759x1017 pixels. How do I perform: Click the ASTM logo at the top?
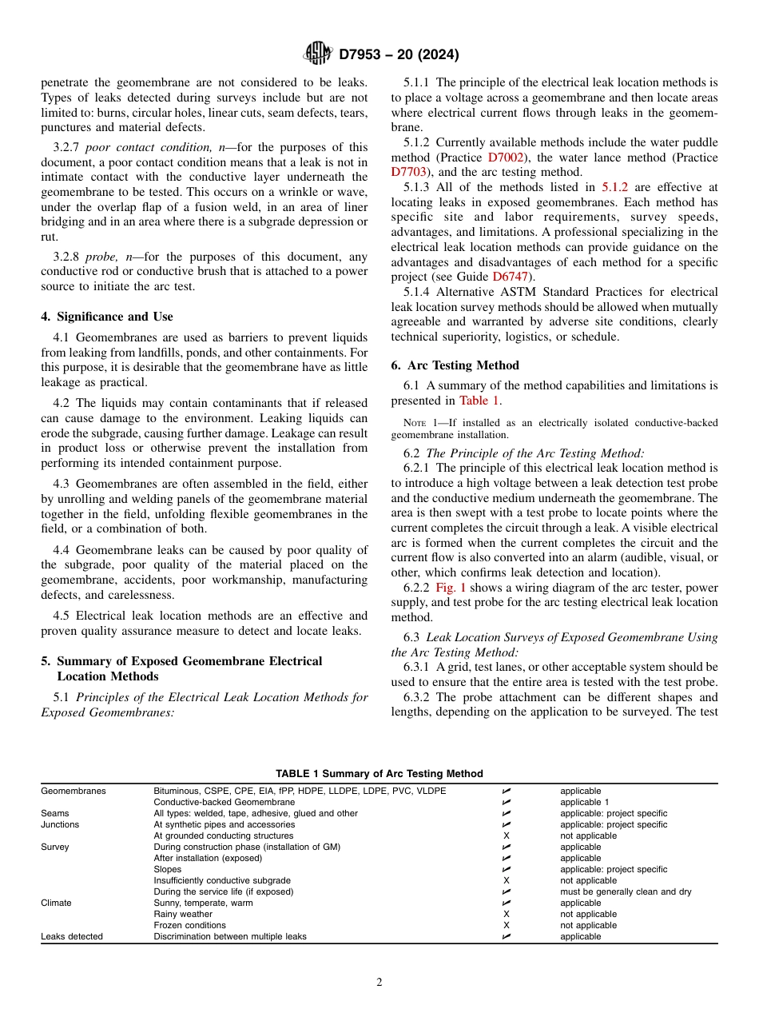[319, 54]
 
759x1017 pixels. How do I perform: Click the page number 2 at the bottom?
[379, 983]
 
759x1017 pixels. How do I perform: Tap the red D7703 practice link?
[409, 171]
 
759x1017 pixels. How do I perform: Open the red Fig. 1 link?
[451, 587]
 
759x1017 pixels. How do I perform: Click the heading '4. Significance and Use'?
[107, 317]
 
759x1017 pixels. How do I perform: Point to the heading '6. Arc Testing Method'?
[455, 365]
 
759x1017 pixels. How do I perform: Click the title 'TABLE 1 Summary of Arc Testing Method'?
[379, 773]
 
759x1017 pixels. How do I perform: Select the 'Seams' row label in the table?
[55, 813]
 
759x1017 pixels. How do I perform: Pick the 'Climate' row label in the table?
[56, 903]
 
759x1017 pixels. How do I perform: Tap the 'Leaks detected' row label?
[72, 936]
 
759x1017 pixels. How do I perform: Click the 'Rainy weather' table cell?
[183, 914]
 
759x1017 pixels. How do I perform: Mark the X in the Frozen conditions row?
[506, 925]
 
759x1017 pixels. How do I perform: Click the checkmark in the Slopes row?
[506, 869]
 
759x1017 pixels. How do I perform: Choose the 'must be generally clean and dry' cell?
[626, 891]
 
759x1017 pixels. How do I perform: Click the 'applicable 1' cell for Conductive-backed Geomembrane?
[584, 802]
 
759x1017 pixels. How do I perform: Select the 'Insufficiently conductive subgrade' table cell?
[217, 880]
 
